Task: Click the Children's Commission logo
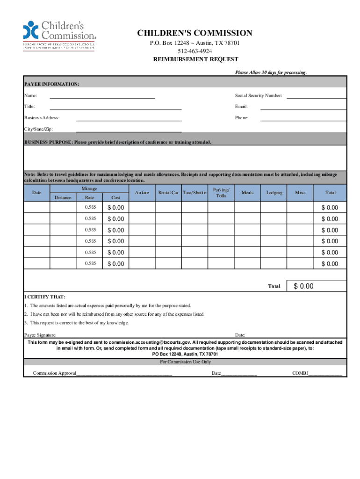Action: coord(59,36)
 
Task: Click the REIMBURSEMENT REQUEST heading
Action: coord(196,59)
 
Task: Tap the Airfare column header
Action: coord(142,193)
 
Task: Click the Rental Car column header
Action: coord(168,193)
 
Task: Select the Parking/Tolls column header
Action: coord(221,193)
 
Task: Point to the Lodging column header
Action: coord(274,193)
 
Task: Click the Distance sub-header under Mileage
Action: coord(63,197)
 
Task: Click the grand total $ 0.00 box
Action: coord(319,286)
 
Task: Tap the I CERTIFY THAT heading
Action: coord(45,297)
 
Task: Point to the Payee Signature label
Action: coord(40,335)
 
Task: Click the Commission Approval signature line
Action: coord(124,373)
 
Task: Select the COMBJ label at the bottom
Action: coord(299,373)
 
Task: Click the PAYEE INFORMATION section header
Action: coord(51,84)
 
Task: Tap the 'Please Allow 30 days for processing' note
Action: coord(271,73)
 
